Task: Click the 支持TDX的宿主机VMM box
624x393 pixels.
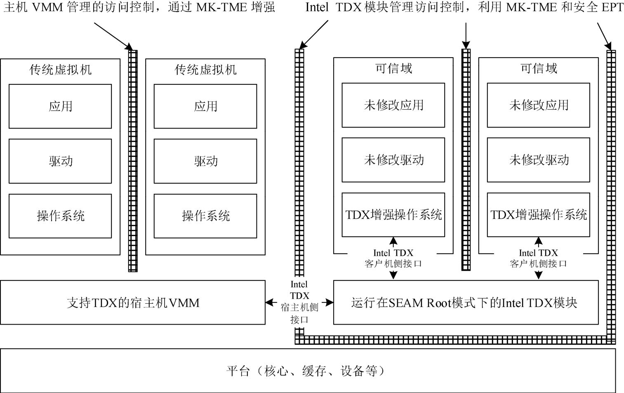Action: click(x=133, y=303)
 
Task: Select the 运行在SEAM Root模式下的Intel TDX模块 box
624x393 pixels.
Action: click(x=465, y=303)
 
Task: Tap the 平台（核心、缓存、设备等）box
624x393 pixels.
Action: click(x=307, y=371)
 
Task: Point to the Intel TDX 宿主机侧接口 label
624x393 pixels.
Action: click(x=299, y=302)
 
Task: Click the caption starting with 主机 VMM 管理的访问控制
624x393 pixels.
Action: click(x=139, y=7)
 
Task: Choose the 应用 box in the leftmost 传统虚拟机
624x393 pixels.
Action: click(x=60, y=106)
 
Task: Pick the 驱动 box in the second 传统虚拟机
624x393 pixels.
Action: click(x=205, y=161)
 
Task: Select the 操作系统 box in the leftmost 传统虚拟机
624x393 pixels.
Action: click(x=60, y=216)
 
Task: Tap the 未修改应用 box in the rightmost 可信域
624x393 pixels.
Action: click(x=538, y=105)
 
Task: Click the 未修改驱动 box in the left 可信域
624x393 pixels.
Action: click(x=393, y=160)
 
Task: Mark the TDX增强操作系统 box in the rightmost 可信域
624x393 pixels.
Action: click(x=538, y=215)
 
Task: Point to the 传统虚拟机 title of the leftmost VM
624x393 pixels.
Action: click(x=60, y=69)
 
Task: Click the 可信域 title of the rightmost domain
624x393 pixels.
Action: click(x=538, y=68)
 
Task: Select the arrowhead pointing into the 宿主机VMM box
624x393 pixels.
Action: click(x=269, y=303)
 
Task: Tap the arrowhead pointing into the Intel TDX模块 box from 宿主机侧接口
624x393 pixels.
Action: click(x=330, y=303)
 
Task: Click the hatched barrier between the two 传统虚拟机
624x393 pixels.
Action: click(x=133, y=161)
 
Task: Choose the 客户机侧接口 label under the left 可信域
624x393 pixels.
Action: click(x=393, y=258)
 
